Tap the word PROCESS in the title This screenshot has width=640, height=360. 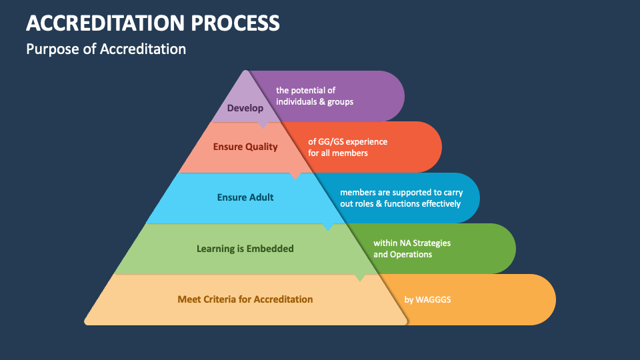235,23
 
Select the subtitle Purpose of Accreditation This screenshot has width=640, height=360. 106,49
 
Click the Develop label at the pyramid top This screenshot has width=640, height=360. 245,108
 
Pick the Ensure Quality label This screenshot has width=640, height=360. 245,147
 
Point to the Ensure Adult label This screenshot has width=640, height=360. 245,197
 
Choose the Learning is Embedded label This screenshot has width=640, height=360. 245,249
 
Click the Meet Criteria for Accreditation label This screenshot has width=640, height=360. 245,299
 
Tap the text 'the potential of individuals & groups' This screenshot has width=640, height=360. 315,96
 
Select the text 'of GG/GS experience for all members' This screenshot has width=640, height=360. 347,147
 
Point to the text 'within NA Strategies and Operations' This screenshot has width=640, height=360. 412,249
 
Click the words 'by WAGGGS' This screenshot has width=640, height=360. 428,300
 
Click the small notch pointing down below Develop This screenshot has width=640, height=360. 263,125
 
